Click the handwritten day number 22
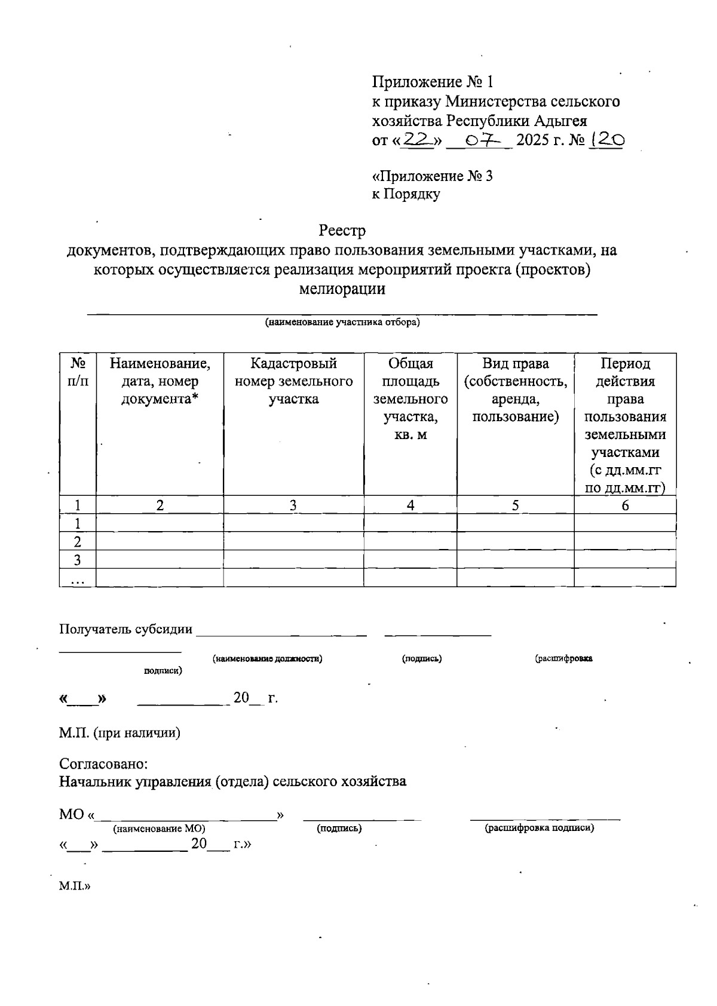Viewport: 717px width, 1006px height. pyautogui.click(x=418, y=139)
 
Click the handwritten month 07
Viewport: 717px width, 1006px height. pyautogui.click(x=479, y=140)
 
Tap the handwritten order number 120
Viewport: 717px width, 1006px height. pyautogui.click(x=607, y=140)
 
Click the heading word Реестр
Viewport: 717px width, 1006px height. pyautogui.click(x=342, y=230)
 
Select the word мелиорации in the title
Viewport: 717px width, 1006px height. pyautogui.click(x=342, y=290)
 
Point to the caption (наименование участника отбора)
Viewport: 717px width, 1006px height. pyautogui.click(x=342, y=323)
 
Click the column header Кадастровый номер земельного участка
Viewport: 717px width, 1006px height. pyautogui.click(x=293, y=381)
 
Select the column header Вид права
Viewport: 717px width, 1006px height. pyautogui.click(x=515, y=389)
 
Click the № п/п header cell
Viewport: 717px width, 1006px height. pyautogui.click(x=78, y=372)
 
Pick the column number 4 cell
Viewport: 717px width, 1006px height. pyautogui.click(x=410, y=505)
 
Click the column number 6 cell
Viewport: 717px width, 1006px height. pyautogui.click(x=625, y=505)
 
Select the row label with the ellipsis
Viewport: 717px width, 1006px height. pyautogui.click(x=78, y=578)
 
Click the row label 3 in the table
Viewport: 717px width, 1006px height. pyautogui.click(x=78, y=560)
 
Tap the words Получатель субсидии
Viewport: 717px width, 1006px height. pyautogui.click(x=126, y=629)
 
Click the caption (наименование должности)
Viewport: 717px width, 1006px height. pyautogui.click(x=268, y=658)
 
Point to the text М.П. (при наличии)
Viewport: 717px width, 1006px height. pyautogui.click(x=119, y=733)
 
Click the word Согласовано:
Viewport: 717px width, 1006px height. pyautogui.click(x=103, y=764)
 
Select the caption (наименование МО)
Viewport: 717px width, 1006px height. pyautogui.click(x=159, y=829)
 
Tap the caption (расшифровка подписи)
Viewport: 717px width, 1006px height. pyautogui.click(x=539, y=828)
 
